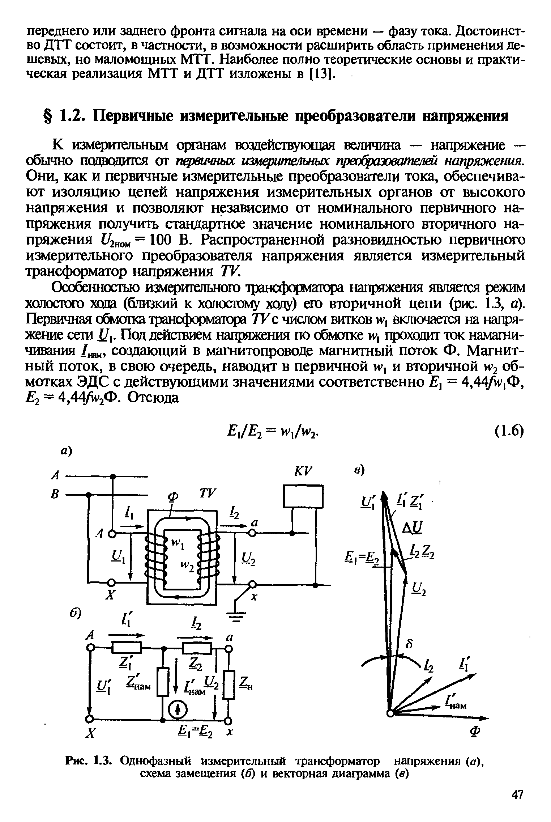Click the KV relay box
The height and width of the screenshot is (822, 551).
tap(303, 496)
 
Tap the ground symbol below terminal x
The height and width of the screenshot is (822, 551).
tap(235, 616)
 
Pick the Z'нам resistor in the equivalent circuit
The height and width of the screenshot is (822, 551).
tap(163, 682)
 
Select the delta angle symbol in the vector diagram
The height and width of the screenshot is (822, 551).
tap(410, 645)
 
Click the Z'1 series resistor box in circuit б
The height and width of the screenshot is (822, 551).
tap(127, 648)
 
